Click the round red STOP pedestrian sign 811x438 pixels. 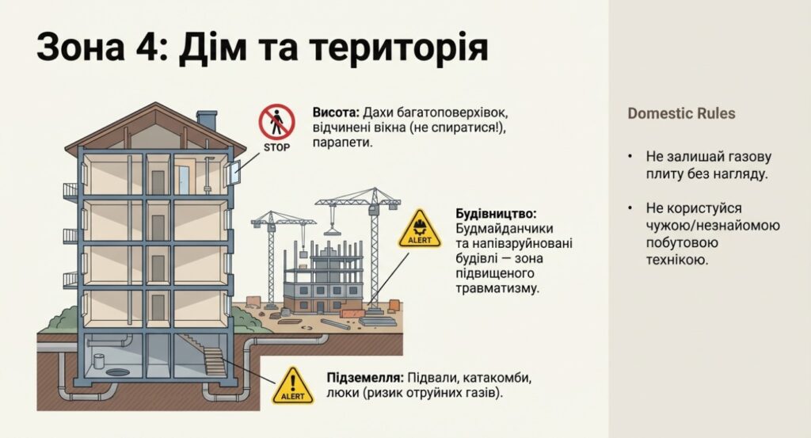coord(276,124)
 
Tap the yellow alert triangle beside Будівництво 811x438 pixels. coord(420,229)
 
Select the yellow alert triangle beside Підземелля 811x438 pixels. coord(293,386)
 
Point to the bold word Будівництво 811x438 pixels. coord(497,214)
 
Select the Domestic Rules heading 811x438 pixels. coord(681,113)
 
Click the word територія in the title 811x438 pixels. coord(398,50)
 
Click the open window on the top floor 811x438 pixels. coord(233,172)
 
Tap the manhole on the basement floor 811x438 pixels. coord(116,371)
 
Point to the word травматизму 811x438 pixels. coord(498,289)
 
